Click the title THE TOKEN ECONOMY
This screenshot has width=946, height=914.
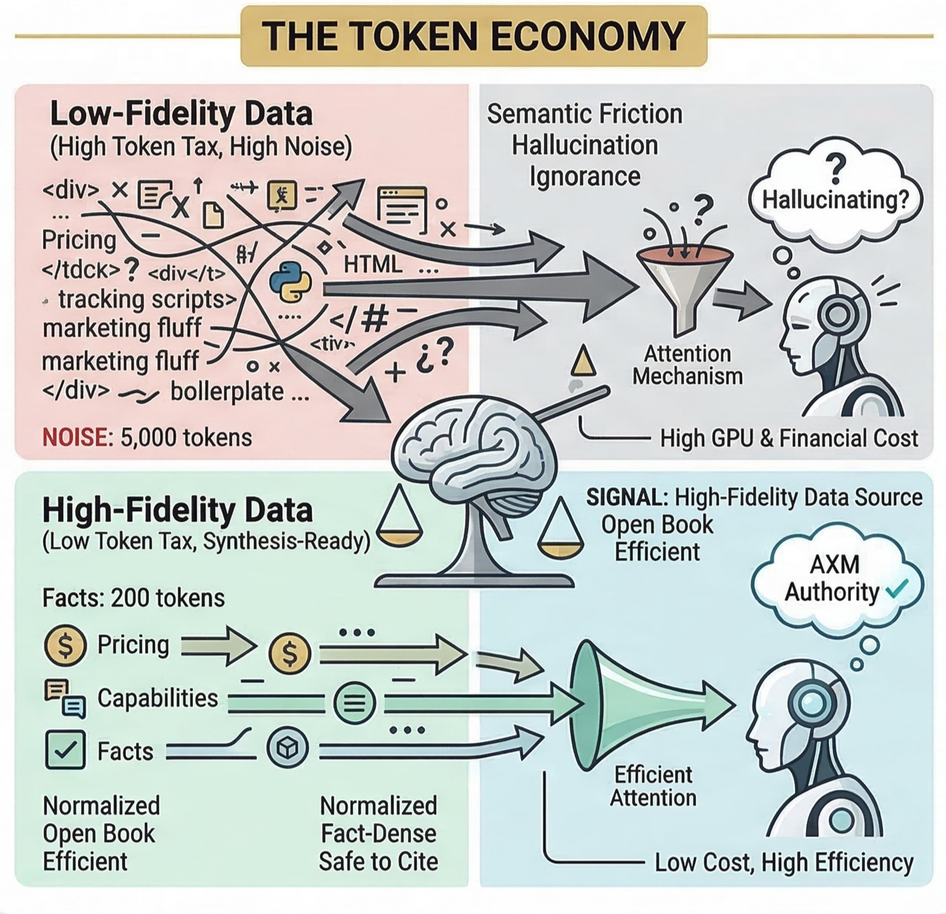point(473,36)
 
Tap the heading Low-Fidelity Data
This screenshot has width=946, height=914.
point(181,114)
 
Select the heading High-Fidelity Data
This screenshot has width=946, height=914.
point(177,511)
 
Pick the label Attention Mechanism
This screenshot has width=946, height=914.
point(687,365)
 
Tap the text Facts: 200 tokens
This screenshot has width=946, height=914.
point(133,598)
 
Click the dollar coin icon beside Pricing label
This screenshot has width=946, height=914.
point(66,645)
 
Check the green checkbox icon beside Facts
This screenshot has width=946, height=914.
point(65,750)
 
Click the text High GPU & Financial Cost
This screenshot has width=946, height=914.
point(788,438)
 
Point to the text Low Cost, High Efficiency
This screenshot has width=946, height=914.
point(784,863)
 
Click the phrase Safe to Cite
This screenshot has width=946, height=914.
point(378,862)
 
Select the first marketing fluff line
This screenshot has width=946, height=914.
point(122,328)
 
